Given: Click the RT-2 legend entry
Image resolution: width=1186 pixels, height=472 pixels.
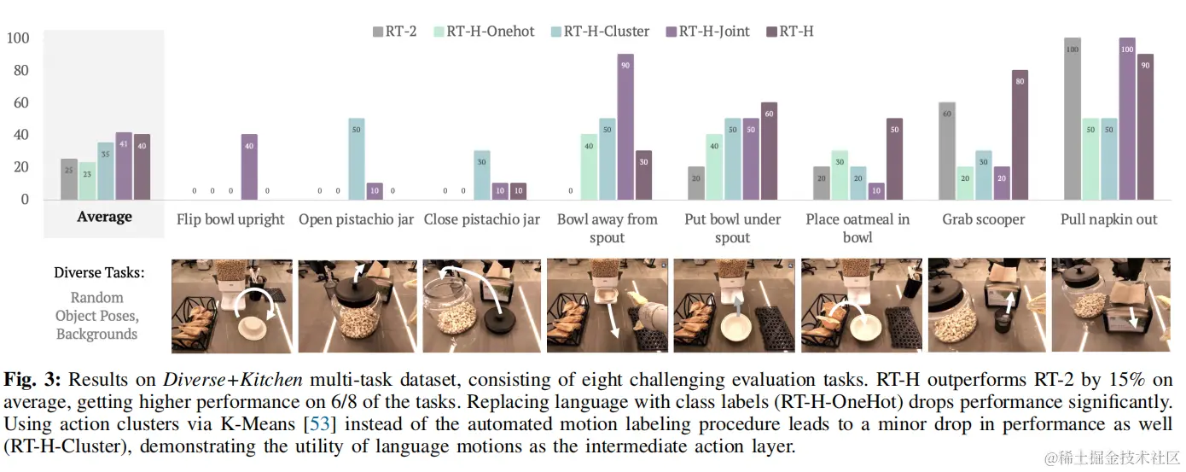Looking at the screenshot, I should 395,32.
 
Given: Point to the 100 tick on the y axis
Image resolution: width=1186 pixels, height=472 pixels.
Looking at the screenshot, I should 18,38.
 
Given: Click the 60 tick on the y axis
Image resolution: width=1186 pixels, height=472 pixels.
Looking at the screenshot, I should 18,103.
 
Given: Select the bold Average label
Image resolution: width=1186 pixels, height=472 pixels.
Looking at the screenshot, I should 104,217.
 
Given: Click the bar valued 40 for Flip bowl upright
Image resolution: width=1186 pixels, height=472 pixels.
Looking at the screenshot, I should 249,166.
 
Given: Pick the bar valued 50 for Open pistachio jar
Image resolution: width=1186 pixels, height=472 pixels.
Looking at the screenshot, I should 357,159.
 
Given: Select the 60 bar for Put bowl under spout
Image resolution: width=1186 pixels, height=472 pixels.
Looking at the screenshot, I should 769,150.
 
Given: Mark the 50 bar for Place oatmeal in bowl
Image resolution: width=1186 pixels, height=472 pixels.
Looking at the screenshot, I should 894,159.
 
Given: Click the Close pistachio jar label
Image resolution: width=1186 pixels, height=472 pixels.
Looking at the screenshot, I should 482,219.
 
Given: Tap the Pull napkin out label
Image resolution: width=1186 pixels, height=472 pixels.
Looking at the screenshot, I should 1108,219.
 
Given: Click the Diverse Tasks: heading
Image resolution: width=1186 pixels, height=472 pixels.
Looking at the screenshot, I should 99,273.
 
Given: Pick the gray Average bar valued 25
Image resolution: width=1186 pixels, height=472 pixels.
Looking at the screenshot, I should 69,179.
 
